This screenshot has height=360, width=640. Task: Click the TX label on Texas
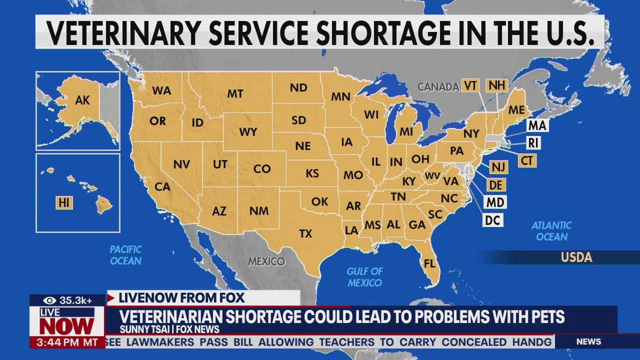(x=305, y=233)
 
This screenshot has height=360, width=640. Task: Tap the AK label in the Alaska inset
(x=82, y=100)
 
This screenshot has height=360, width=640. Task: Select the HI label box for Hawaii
(x=64, y=202)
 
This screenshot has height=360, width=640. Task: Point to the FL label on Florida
(x=429, y=263)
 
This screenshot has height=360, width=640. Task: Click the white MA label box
(x=536, y=125)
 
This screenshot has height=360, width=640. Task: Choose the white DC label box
(x=493, y=220)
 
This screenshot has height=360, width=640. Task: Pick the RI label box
(x=533, y=143)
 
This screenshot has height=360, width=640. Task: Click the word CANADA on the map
(x=438, y=87)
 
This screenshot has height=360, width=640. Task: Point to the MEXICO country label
(x=266, y=261)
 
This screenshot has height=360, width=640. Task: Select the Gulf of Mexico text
(x=364, y=277)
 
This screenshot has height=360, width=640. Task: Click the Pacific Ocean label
(x=125, y=254)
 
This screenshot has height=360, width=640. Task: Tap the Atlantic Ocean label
(x=551, y=231)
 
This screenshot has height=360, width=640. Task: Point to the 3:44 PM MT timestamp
(x=67, y=343)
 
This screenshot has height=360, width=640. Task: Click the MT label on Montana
(x=235, y=93)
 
